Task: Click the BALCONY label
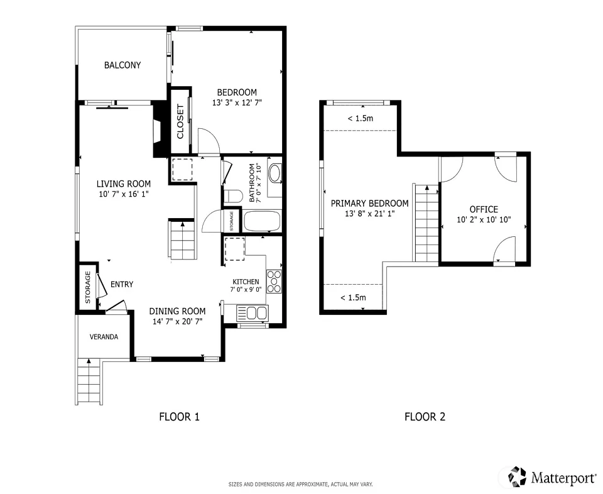pyautogui.click(x=122, y=65)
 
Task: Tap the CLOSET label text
pyautogui.click(x=180, y=121)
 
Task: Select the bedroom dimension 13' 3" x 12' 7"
pyautogui.click(x=237, y=102)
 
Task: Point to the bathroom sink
pyautogui.click(x=274, y=173)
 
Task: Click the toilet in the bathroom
pyautogui.click(x=232, y=197)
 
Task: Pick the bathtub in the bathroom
pyautogui.click(x=261, y=221)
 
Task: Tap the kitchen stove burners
pyautogui.click(x=274, y=281)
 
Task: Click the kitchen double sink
pyautogui.click(x=253, y=312)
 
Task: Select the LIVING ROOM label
pyautogui.click(x=124, y=184)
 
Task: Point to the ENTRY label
pyautogui.click(x=122, y=284)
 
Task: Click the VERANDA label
pyautogui.click(x=104, y=337)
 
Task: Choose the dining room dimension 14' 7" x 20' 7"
pyautogui.click(x=177, y=322)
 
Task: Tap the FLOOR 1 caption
pyautogui.click(x=180, y=417)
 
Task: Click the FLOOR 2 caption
pyautogui.click(x=425, y=417)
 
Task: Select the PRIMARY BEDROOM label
pyautogui.click(x=369, y=203)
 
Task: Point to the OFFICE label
pyautogui.click(x=484, y=209)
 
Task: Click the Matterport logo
pyautogui.click(x=552, y=477)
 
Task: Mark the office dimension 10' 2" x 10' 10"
pyautogui.click(x=484, y=220)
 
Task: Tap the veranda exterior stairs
pyautogui.click(x=89, y=381)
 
